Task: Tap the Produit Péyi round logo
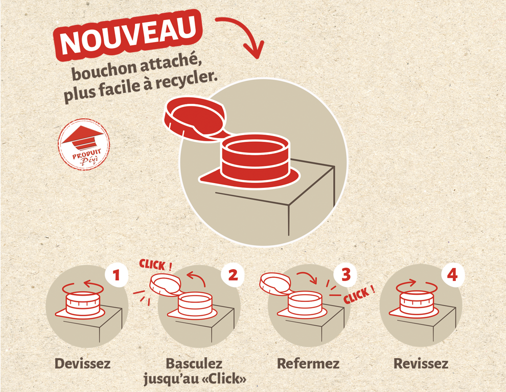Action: tap(84, 144)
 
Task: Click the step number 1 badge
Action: tap(117, 275)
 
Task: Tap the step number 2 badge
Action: tap(233, 275)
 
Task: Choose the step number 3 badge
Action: tap(346, 274)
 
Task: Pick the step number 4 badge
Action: tap(452, 275)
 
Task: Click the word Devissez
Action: tap(83, 363)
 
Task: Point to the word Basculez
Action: tap(194, 363)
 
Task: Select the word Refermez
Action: tap(308, 363)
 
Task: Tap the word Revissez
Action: tap(421, 363)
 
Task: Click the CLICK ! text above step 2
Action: tap(155, 265)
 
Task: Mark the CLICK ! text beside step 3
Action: tap(359, 295)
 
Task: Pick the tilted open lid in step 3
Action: tap(275, 284)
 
